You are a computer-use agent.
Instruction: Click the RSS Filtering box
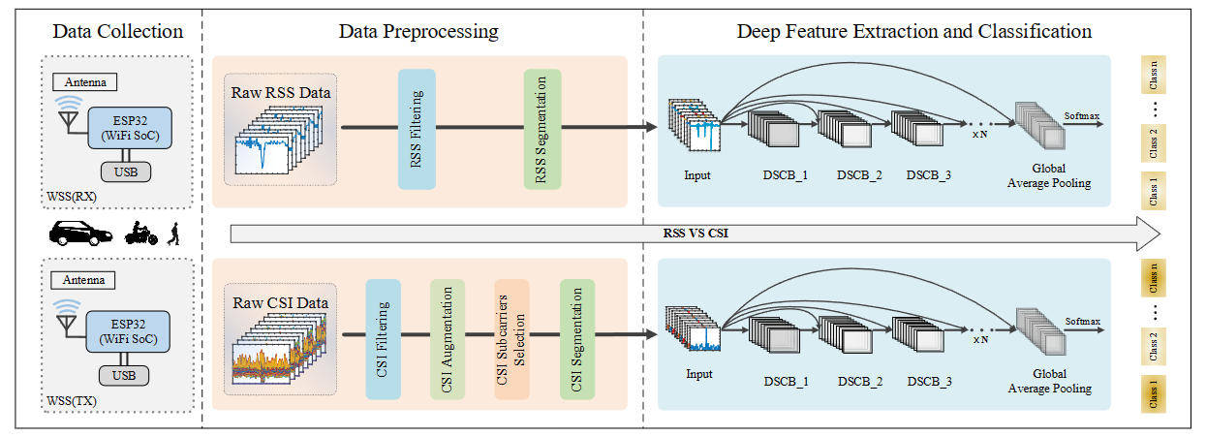point(417,129)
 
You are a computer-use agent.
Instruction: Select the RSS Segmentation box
point(542,129)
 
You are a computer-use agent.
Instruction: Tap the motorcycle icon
point(140,234)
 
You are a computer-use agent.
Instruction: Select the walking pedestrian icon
point(175,234)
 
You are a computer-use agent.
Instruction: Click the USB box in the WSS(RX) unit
point(124,172)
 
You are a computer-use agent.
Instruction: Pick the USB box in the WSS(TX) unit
point(124,375)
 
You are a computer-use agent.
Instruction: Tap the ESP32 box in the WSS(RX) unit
point(130,126)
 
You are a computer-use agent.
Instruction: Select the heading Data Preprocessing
point(418,31)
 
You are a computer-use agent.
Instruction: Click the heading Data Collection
point(118,31)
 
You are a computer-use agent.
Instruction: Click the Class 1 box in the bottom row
point(1153,393)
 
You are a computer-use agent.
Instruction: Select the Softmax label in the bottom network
point(1082,321)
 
